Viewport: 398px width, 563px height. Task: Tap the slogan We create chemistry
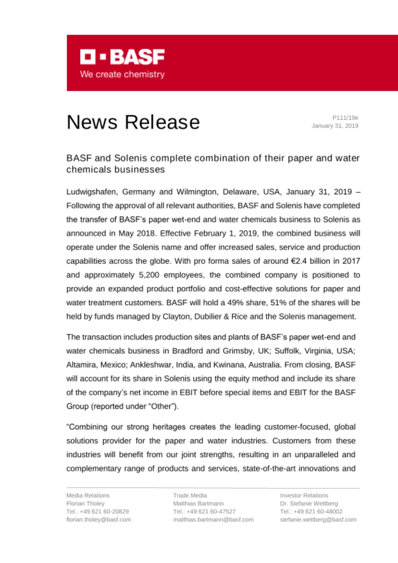[122, 75]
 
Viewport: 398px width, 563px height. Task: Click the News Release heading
[133, 122]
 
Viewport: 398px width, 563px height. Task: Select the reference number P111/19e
[345, 118]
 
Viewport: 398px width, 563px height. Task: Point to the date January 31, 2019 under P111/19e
[335, 126]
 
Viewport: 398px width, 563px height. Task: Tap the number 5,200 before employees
[149, 275]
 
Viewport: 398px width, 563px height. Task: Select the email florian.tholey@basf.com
[99, 520]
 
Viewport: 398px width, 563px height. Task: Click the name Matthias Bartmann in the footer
[198, 504]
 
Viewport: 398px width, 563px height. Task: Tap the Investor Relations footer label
[304, 495]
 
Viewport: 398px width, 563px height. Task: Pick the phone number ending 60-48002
[311, 511]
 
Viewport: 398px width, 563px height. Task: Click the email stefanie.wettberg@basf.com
[318, 520]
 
